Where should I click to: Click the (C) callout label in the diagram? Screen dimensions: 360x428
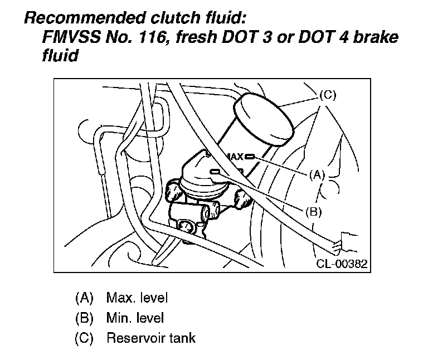point(328,95)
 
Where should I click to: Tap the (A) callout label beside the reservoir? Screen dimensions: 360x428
point(317,174)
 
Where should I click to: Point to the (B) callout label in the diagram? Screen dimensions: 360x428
point(314,211)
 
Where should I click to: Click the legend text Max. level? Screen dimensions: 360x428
point(137,298)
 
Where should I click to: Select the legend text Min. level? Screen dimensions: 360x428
point(135,318)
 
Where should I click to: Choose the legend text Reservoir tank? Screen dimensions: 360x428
point(150,338)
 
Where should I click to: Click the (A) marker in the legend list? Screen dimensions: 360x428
point(84,298)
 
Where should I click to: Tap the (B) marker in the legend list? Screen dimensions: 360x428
point(84,318)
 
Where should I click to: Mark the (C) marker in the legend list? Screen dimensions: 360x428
point(84,338)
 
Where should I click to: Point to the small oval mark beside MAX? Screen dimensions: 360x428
point(249,157)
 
